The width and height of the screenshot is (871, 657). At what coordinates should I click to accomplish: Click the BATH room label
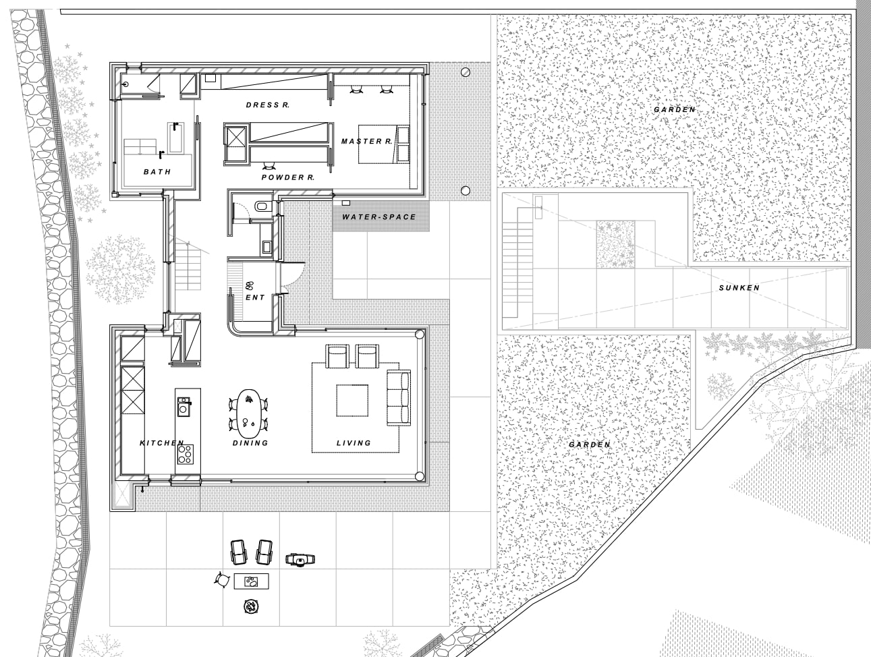click(157, 172)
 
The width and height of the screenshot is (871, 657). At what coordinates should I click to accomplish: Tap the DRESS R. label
click(268, 105)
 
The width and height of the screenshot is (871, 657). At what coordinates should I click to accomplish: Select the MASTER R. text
click(366, 141)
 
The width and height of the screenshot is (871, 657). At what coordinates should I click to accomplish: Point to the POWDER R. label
click(288, 177)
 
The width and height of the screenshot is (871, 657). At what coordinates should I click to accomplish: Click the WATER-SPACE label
click(379, 217)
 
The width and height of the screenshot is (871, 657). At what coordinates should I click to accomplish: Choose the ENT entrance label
click(255, 297)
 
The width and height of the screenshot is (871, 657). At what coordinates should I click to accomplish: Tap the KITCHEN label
click(162, 442)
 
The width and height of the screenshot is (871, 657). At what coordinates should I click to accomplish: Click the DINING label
click(250, 442)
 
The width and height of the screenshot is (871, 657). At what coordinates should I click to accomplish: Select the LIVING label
click(354, 442)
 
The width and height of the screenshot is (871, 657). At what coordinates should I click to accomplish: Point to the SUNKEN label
click(739, 287)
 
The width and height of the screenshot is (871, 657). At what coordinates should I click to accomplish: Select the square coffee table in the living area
click(352, 400)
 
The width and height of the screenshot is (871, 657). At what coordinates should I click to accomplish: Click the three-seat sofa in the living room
click(399, 397)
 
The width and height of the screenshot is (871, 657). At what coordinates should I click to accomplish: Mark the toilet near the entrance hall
click(262, 206)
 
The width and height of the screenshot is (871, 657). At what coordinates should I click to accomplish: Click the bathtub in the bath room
click(175, 138)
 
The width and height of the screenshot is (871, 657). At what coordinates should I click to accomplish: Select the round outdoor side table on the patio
click(251, 606)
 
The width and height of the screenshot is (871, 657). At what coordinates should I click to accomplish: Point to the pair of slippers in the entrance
click(250, 285)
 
